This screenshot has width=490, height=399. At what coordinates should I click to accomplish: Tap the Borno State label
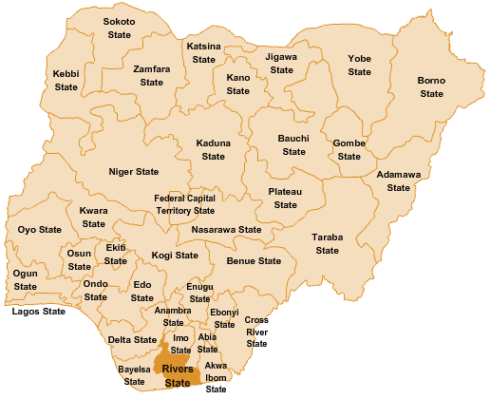[x=431, y=86]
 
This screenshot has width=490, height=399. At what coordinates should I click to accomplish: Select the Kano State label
[x=237, y=84]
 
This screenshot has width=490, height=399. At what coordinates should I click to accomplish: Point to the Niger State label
[x=134, y=172]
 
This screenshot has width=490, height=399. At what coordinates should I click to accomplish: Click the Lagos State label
[x=38, y=311]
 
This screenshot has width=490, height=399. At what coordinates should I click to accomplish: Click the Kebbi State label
[x=66, y=80]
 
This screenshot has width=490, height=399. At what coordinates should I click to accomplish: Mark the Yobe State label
[x=359, y=65]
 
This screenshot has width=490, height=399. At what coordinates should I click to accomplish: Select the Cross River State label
[x=256, y=332]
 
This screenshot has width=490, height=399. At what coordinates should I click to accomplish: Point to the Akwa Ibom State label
[x=216, y=376]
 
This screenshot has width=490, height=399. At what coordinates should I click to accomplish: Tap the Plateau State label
[x=285, y=198]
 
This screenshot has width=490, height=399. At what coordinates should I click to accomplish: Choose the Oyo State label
[x=39, y=230]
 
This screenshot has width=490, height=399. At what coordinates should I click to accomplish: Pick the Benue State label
[x=254, y=260]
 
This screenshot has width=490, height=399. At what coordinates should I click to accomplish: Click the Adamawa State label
[x=399, y=180]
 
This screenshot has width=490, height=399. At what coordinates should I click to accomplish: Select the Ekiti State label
[x=116, y=254]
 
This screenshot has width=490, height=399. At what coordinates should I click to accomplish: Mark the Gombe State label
[x=349, y=150]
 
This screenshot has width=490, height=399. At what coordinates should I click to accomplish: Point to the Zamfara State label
[x=152, y=76]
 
